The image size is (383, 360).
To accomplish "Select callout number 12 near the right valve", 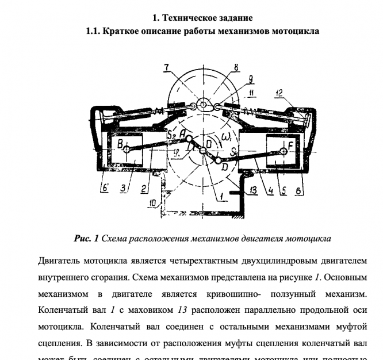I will tap(296, 93).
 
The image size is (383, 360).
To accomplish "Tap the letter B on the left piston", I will tap(120, 142).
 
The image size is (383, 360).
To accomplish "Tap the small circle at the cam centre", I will tap(202, 105).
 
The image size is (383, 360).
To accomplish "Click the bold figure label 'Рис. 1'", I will tap(87, 238).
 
